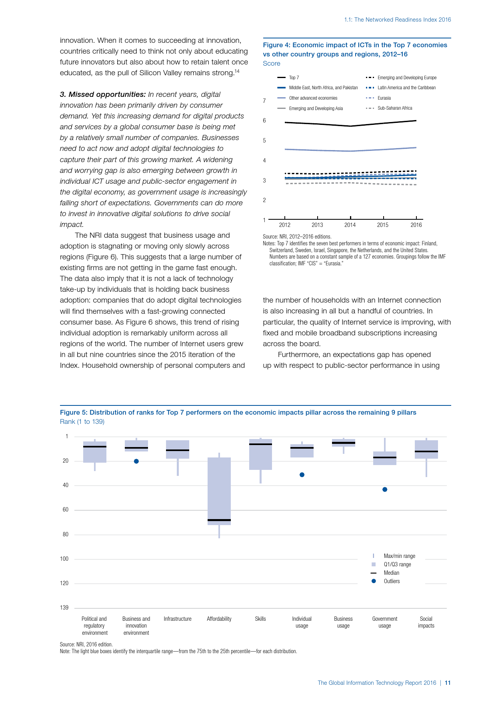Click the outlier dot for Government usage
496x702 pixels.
(x=385, y=489)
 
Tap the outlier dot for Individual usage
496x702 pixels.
(x=302, y=475)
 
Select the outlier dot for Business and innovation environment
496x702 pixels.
(x=136, y=461)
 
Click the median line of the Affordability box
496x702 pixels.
(x=219, y=520)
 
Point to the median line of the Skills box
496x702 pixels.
(x=260, y=444)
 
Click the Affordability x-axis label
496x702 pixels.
(x=219, y=619)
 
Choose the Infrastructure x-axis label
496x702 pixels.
(x=178, y=619)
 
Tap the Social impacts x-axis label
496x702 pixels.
(x=426, y=622)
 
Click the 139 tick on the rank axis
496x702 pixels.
(x=64, y=608)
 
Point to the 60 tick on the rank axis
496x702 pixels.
(x=66, y=510)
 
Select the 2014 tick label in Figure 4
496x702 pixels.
(x=350, y=225)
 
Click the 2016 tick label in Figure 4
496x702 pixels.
(x=416, y=225)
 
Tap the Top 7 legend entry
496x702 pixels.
(x=294, y=78)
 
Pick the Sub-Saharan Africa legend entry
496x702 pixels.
(x=394, y=108)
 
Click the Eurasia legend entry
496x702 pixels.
(x=384, y=98)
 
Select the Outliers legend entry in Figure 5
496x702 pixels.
(x=392, y=581)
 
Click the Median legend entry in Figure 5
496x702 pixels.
(x=391, y=573)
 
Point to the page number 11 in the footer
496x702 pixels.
(x=448, y=683)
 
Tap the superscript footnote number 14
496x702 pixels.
(x=237, y=71)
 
